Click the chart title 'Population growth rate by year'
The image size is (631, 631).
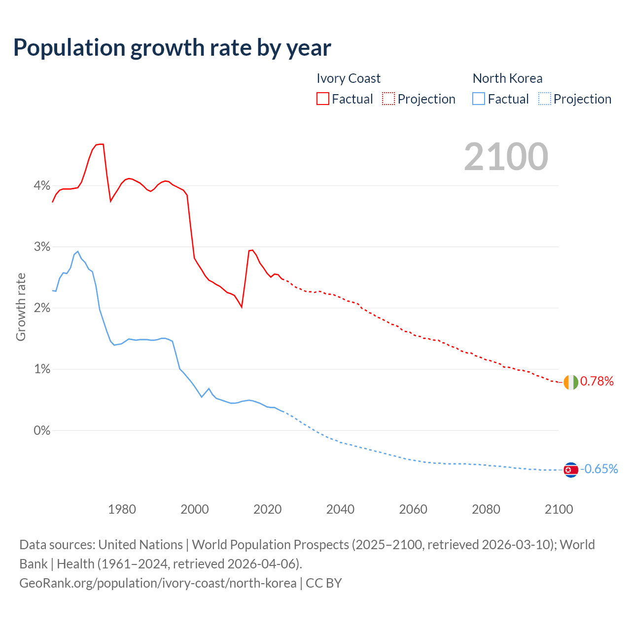tap(172, 48)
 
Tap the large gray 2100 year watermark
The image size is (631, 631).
tap(506, 157)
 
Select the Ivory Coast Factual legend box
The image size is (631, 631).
tap(323, 99)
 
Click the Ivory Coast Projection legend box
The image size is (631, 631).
tap(388, 99)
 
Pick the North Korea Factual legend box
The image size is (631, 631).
tap(479, 99)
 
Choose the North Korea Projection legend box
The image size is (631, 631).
tap(544, 99)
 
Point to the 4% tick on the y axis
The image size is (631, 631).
tap(42, 186)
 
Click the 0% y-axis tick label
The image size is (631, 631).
tap(42, 430)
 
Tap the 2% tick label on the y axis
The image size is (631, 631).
tap(42, 308)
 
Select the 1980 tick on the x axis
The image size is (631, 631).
tap(122, 509)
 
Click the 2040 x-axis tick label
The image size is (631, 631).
tap(340, 509)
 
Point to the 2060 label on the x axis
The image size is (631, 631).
tap(413, 509)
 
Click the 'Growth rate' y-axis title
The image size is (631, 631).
tap(21, 307)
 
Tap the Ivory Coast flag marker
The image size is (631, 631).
tap(570, 382)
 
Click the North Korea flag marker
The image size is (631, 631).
tap(570, 470)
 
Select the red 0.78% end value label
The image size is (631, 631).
tap(597, 382)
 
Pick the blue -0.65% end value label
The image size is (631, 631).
tap(599, 469)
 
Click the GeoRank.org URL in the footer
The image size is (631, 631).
tap(158, 583)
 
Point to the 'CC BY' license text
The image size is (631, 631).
tap(324, 583)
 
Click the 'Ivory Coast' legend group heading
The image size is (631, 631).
tap(349, 78)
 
